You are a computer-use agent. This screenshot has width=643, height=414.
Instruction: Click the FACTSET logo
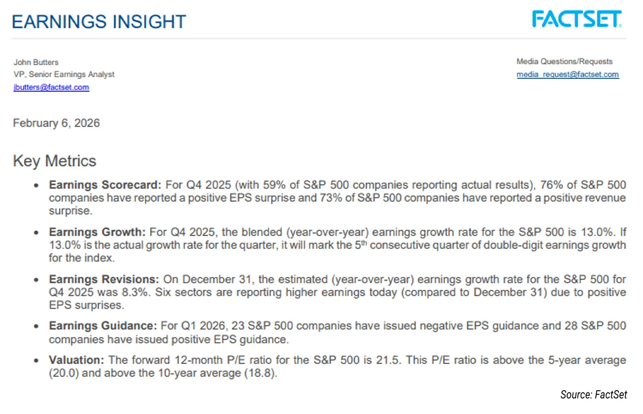click(576, 19)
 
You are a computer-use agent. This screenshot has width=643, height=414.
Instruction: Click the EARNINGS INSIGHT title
click(99, 22)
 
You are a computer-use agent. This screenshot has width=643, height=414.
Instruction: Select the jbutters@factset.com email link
click(51, 87)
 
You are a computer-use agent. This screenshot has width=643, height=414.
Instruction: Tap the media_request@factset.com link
click(568, 74)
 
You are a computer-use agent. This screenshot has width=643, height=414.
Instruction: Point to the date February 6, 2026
click(56, 123)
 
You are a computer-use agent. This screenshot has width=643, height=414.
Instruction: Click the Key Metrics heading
click(55, 161)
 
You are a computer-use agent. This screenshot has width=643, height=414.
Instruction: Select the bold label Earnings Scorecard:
click(105, 185)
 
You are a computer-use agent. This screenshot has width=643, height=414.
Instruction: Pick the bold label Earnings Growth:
click(97, 232)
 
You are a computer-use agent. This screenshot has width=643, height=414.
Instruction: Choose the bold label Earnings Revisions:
click(104, 280)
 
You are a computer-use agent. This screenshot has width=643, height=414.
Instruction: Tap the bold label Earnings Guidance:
click(103, 326)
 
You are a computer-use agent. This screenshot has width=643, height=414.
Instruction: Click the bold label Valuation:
click(77, 360)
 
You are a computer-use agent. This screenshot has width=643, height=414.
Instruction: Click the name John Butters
click(36, 62)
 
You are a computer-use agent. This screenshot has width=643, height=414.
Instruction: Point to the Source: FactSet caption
click(593, 395)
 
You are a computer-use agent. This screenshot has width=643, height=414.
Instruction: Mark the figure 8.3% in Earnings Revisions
click(135, 292)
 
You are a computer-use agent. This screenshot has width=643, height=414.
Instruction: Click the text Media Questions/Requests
click(564, 62)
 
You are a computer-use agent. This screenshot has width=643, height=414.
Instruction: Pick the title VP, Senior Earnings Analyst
click(64, 74)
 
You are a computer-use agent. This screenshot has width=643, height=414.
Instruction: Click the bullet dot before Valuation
click(36, 361)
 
